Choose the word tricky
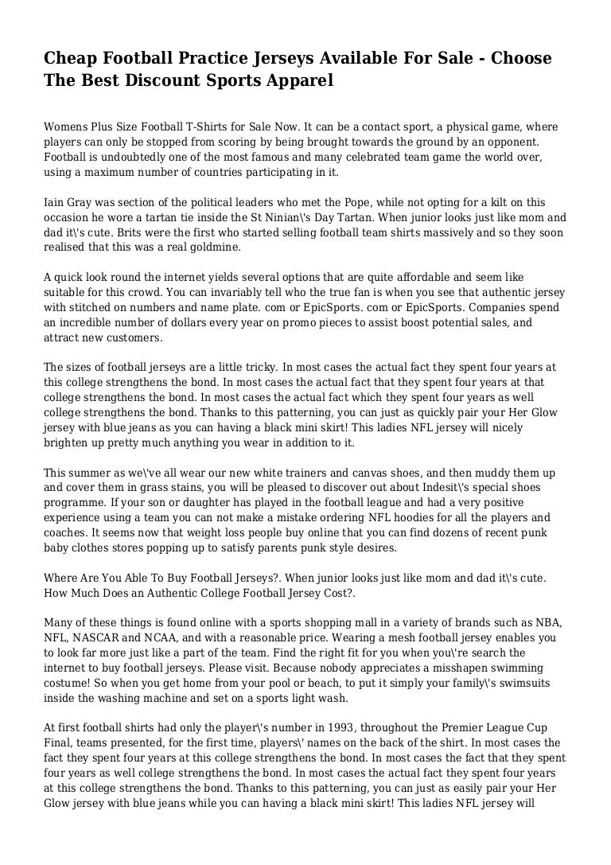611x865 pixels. pyautogui.click(x=243, y=368)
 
